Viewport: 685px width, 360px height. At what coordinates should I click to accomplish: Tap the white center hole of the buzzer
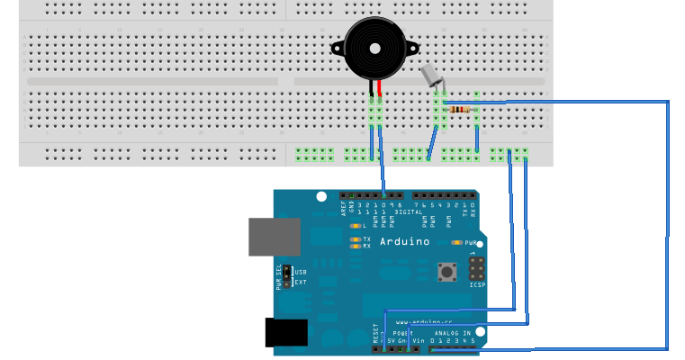tap(375, 48)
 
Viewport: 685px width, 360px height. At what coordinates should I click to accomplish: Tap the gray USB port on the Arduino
tap(274, 235)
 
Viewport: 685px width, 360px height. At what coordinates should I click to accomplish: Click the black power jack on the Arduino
tap(286, 332)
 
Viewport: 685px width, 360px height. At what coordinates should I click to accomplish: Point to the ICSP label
tap(476, 285)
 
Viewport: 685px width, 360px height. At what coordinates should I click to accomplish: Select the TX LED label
tap(366, 238)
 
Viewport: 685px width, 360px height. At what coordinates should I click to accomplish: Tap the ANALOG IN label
tap(453, 332)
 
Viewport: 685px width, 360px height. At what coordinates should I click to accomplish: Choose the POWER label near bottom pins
tap(401, 332)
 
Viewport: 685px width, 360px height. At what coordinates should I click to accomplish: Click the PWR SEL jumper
tap(287, 276)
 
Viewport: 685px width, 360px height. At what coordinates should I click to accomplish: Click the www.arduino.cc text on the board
tap(430, 321)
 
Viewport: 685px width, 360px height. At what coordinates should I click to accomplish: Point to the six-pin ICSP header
tap(475, 268)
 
